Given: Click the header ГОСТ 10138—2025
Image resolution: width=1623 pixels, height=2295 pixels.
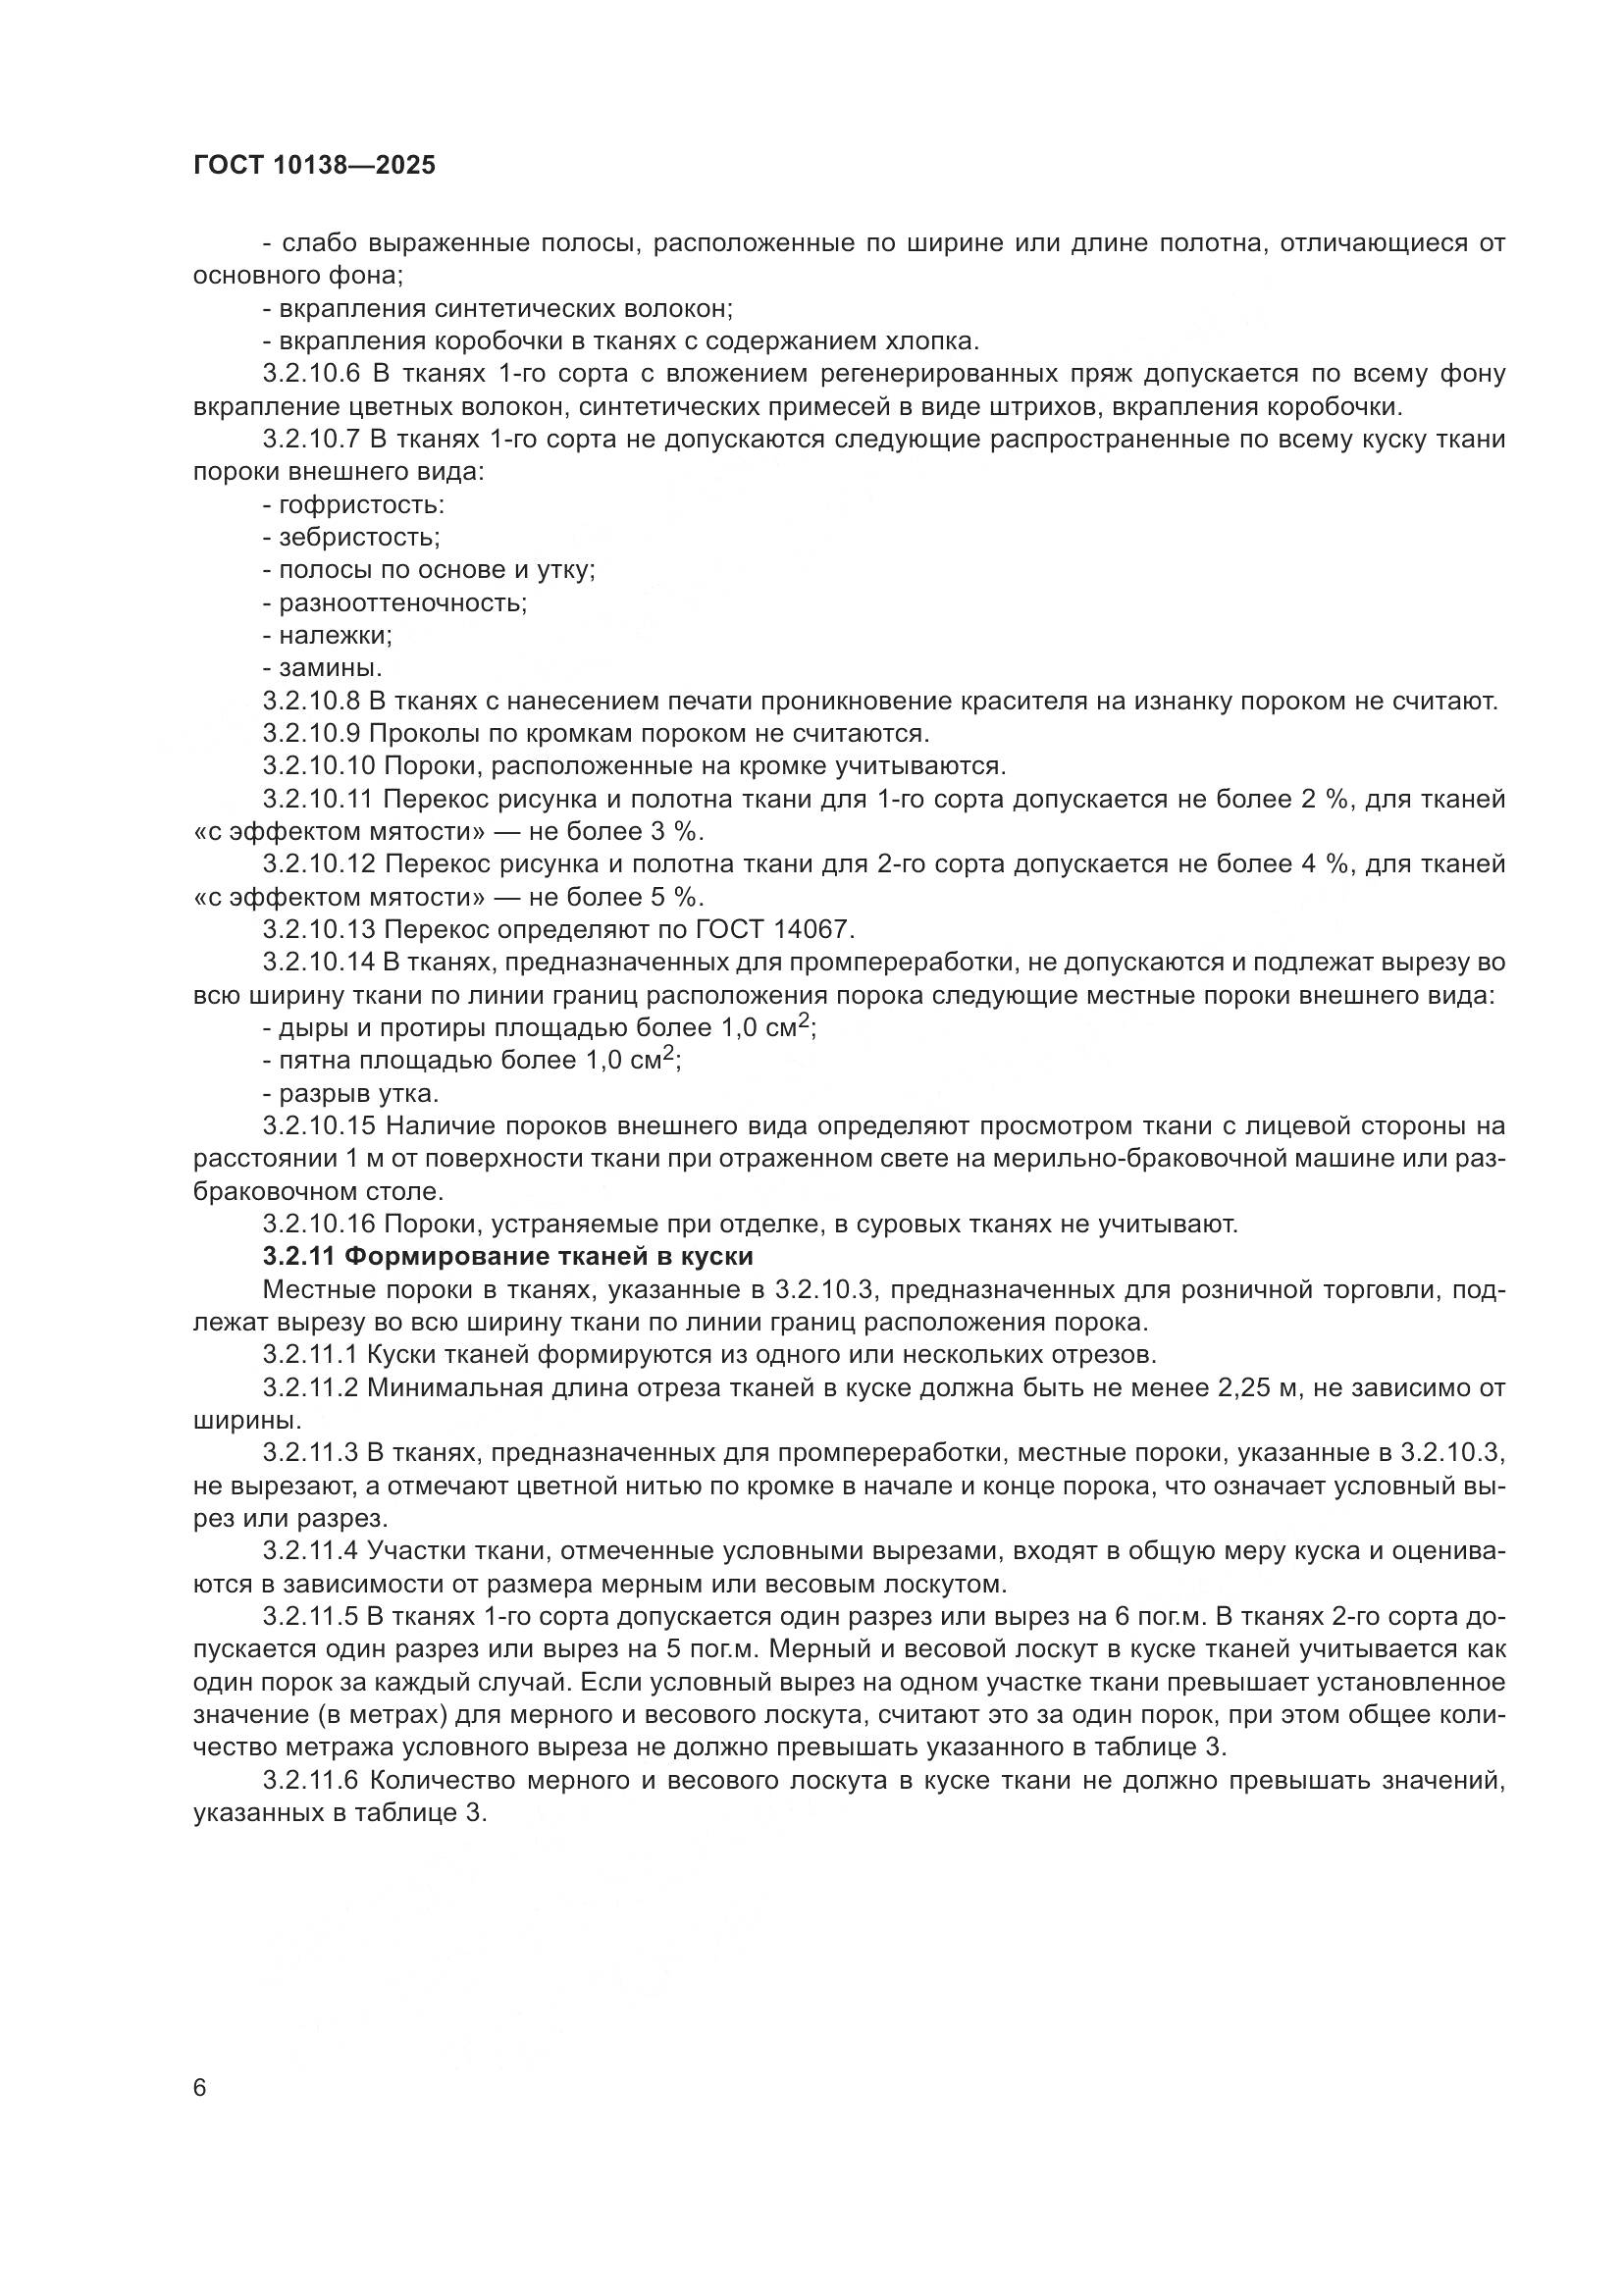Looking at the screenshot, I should click(x=314, y=166).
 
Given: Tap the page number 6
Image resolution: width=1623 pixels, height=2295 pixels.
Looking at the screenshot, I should click(x=200, y=2088).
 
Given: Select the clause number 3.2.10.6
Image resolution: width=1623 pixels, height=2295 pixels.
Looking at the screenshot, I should click(x=314, y=374).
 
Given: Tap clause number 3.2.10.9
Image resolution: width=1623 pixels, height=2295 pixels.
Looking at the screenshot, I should click(x=313, y=734).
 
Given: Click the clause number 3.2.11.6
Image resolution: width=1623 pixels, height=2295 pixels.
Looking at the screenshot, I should click(x=314, y=1779).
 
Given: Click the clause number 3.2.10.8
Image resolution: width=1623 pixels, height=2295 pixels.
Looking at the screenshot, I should click(x=313, y=701).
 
